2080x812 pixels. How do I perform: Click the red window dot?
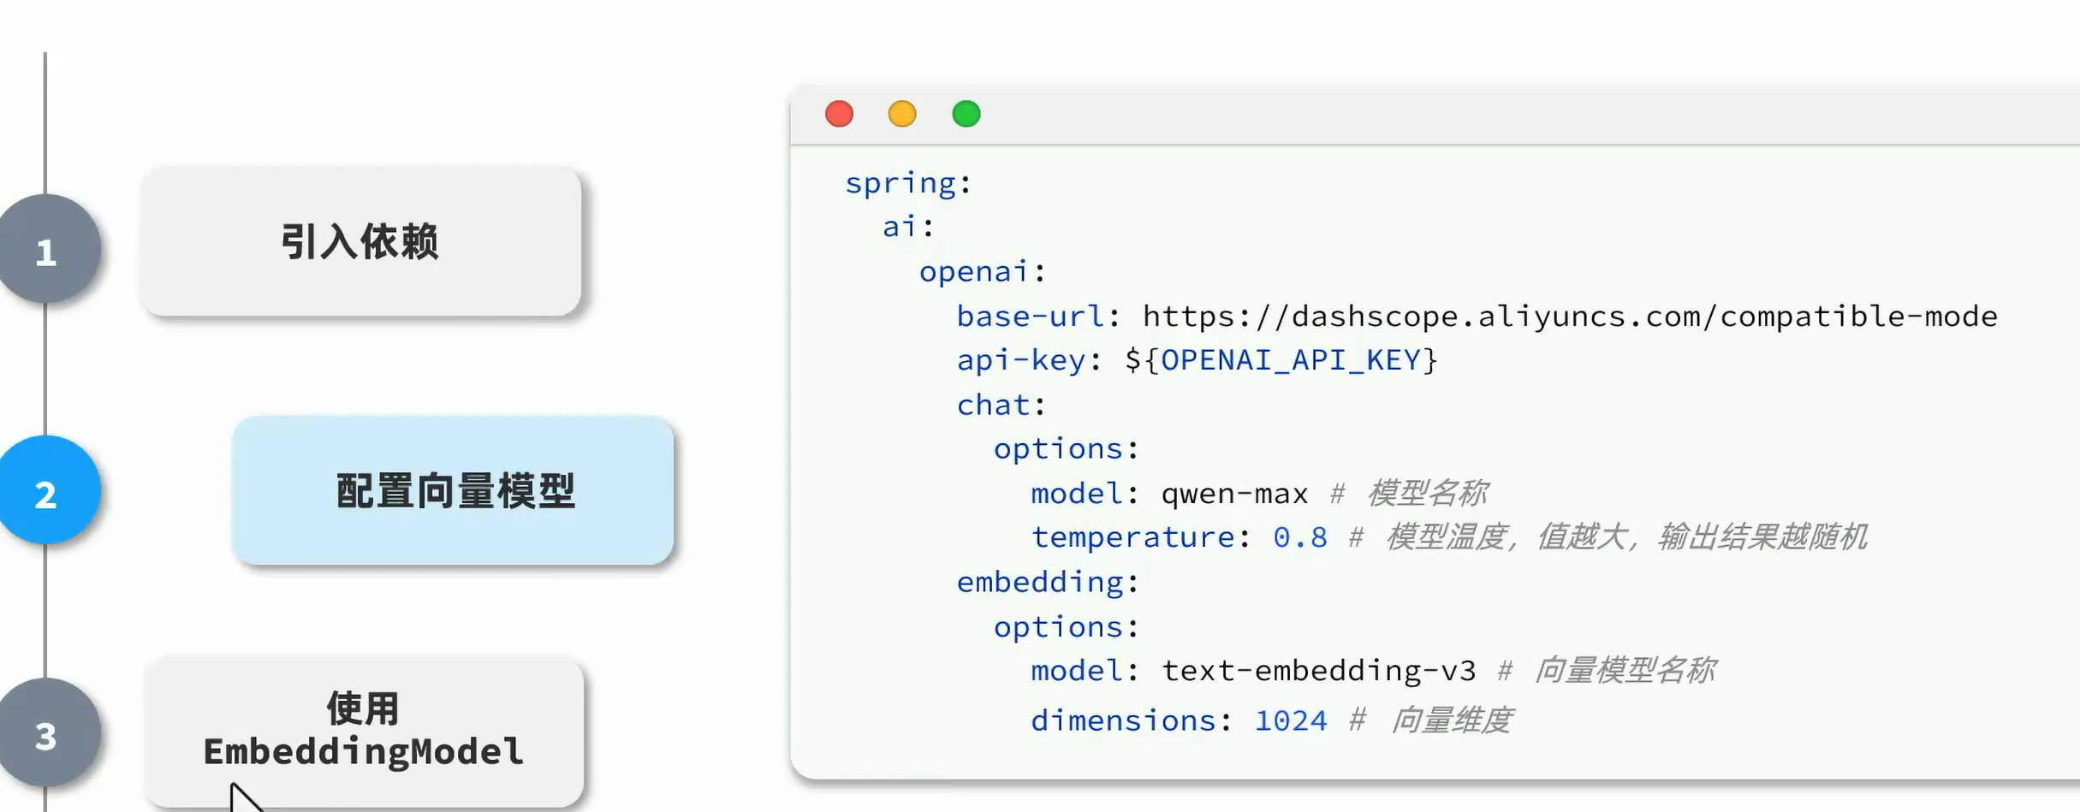[x=839, y=114]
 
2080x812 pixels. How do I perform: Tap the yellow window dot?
[x=902, y=114]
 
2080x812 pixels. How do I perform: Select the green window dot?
[x=966, y=114]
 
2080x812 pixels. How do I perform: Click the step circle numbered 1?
[x=47, y=250]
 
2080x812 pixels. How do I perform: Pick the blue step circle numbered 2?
[x=47, y=492]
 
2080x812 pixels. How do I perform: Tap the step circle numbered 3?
[x=47, y=734]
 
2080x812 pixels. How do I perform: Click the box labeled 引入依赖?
[x=361, y=241]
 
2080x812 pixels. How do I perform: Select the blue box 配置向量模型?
[x=453, y=490]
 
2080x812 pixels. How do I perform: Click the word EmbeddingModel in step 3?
[x=363, y=752]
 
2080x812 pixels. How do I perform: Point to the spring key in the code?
[x=900, y=183]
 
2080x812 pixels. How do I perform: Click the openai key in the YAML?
[x=973, y=272]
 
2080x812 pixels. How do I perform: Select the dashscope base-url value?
[x=1569, y=317]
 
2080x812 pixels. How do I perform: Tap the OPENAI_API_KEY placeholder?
[x=1290, y=360]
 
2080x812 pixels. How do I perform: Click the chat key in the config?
[x=993, y=405]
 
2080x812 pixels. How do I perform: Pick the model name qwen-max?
[x=1234, y=494]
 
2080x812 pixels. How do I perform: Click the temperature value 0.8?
[x=1299, y=537]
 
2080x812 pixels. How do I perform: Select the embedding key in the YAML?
[x=1039, y=582]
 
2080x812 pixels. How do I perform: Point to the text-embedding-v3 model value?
[x=1318, y=671]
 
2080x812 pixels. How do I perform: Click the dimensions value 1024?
[x=1290, y=720]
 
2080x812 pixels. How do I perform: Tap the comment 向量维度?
[x=1452, y=720]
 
